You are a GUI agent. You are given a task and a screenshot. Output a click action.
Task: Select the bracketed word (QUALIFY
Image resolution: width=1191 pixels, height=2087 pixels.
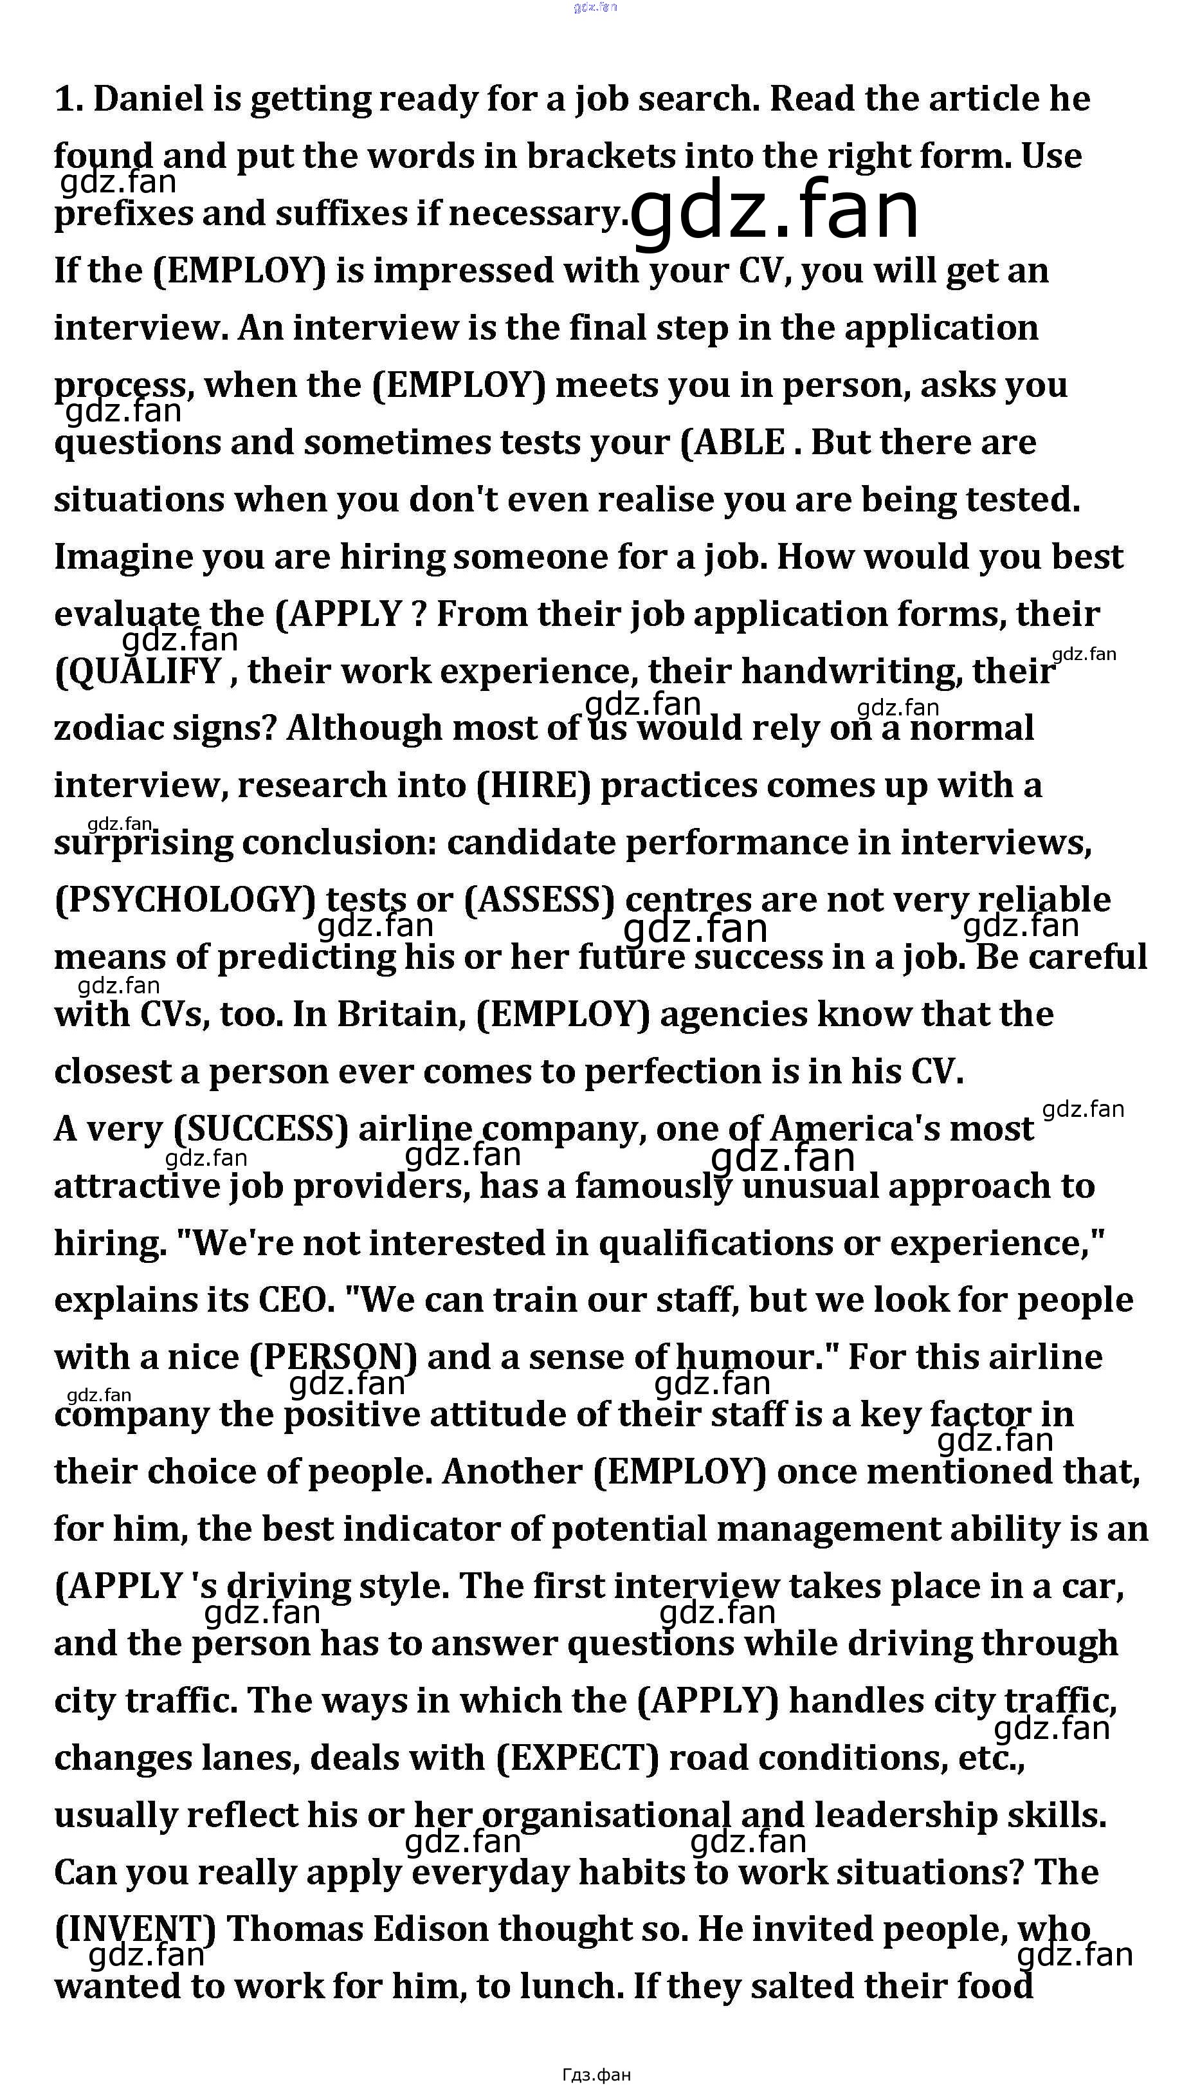138,672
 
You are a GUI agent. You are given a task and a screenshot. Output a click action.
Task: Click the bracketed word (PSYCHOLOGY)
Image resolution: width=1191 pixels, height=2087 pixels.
185,901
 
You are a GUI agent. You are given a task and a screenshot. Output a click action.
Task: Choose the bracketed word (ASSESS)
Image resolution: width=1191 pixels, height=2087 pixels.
539,901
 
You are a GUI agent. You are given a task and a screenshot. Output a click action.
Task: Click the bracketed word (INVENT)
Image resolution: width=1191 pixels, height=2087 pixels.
135,1931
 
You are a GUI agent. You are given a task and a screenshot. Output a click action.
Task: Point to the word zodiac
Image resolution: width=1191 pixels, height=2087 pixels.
105,729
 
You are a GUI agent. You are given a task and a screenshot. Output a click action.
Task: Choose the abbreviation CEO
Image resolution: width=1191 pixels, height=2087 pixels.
292,1301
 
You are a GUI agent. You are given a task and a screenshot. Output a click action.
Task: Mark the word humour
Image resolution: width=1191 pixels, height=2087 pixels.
746,1359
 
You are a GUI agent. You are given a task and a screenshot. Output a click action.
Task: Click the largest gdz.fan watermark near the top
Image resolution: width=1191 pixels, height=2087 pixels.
774,210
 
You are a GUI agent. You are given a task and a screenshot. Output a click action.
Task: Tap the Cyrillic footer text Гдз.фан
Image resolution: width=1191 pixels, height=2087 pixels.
595,2074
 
